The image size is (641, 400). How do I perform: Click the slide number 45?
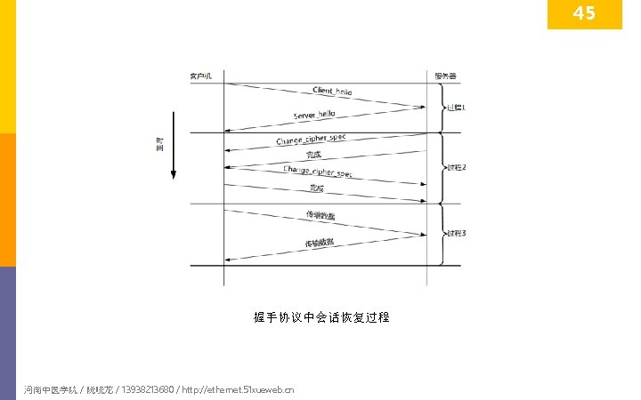coord(584,14)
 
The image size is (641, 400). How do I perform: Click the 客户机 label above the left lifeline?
coord(200,76)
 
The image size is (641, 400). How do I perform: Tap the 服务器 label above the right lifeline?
coord(446,76)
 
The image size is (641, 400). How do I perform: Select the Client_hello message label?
coord(332,92)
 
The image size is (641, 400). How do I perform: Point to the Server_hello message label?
coord(314,115)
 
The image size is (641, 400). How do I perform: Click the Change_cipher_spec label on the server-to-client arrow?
coord(311,140)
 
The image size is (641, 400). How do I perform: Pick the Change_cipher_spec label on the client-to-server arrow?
coord(318,171)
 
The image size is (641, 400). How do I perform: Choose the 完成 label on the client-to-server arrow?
coord(317,188)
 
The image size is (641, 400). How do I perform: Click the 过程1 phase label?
coord(456,108)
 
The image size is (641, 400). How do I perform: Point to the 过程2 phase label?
coord(457,167)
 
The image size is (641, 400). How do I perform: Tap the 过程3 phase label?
coord(457,234)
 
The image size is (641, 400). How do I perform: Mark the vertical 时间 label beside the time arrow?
coord(160,144)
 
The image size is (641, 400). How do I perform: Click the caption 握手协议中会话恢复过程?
coord(321,317)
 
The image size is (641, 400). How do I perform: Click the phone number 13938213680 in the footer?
coord(147,389)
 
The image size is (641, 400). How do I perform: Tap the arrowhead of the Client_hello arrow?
coord(422,108)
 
